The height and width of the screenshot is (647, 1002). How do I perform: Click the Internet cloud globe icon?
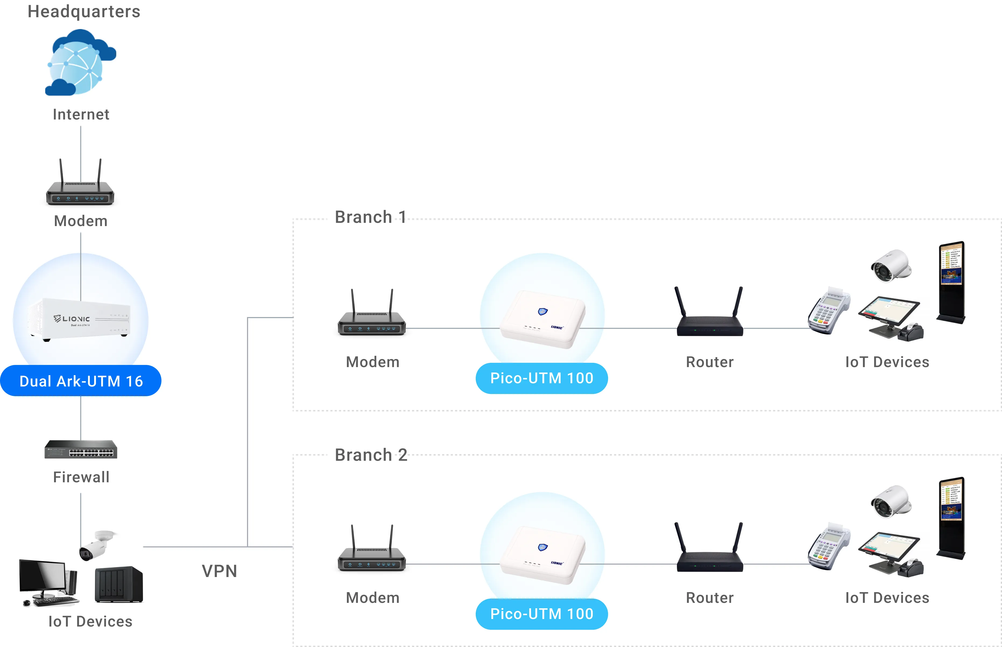point(80,63)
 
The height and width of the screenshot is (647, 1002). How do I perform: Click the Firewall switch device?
point(81,449)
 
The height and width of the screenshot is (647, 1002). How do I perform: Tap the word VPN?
point(219,571)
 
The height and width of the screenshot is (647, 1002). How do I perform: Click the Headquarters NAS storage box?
point(119,584)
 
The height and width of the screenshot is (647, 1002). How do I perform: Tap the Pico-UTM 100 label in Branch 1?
point(541,378)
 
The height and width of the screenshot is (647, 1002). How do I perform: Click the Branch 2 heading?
point(371,455)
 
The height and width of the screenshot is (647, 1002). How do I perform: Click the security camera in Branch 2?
point(891,502)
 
